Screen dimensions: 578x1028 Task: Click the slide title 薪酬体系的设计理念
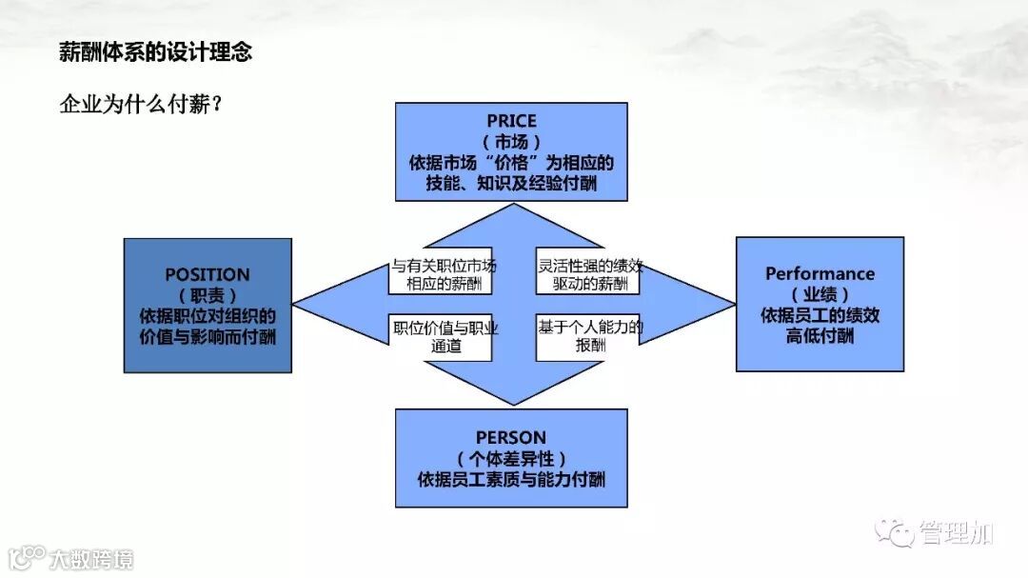coord(155,52)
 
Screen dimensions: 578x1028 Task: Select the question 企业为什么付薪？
coord(141,104)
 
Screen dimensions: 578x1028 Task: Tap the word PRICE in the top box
coord(511,121)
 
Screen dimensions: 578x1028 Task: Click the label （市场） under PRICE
coord(511,142)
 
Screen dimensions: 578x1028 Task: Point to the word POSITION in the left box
coord(208,275)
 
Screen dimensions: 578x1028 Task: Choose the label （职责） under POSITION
coord(208,296)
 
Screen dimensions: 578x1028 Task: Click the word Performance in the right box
coord(820,273)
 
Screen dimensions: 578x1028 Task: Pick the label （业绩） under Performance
coord(820,294)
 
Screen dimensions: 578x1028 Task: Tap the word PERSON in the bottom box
coord(511,437)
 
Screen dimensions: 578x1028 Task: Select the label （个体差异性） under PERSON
coord(511,458)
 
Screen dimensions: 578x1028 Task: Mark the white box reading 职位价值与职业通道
coord(440,337)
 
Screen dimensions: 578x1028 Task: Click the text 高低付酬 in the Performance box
coord(820,336)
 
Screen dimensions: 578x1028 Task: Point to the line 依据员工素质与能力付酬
coord(511,479)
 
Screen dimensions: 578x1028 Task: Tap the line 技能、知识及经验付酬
coord(511,184)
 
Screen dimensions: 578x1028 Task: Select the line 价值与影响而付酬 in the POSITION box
coord(208,337)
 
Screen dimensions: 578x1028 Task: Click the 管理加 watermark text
coord(956,533)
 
